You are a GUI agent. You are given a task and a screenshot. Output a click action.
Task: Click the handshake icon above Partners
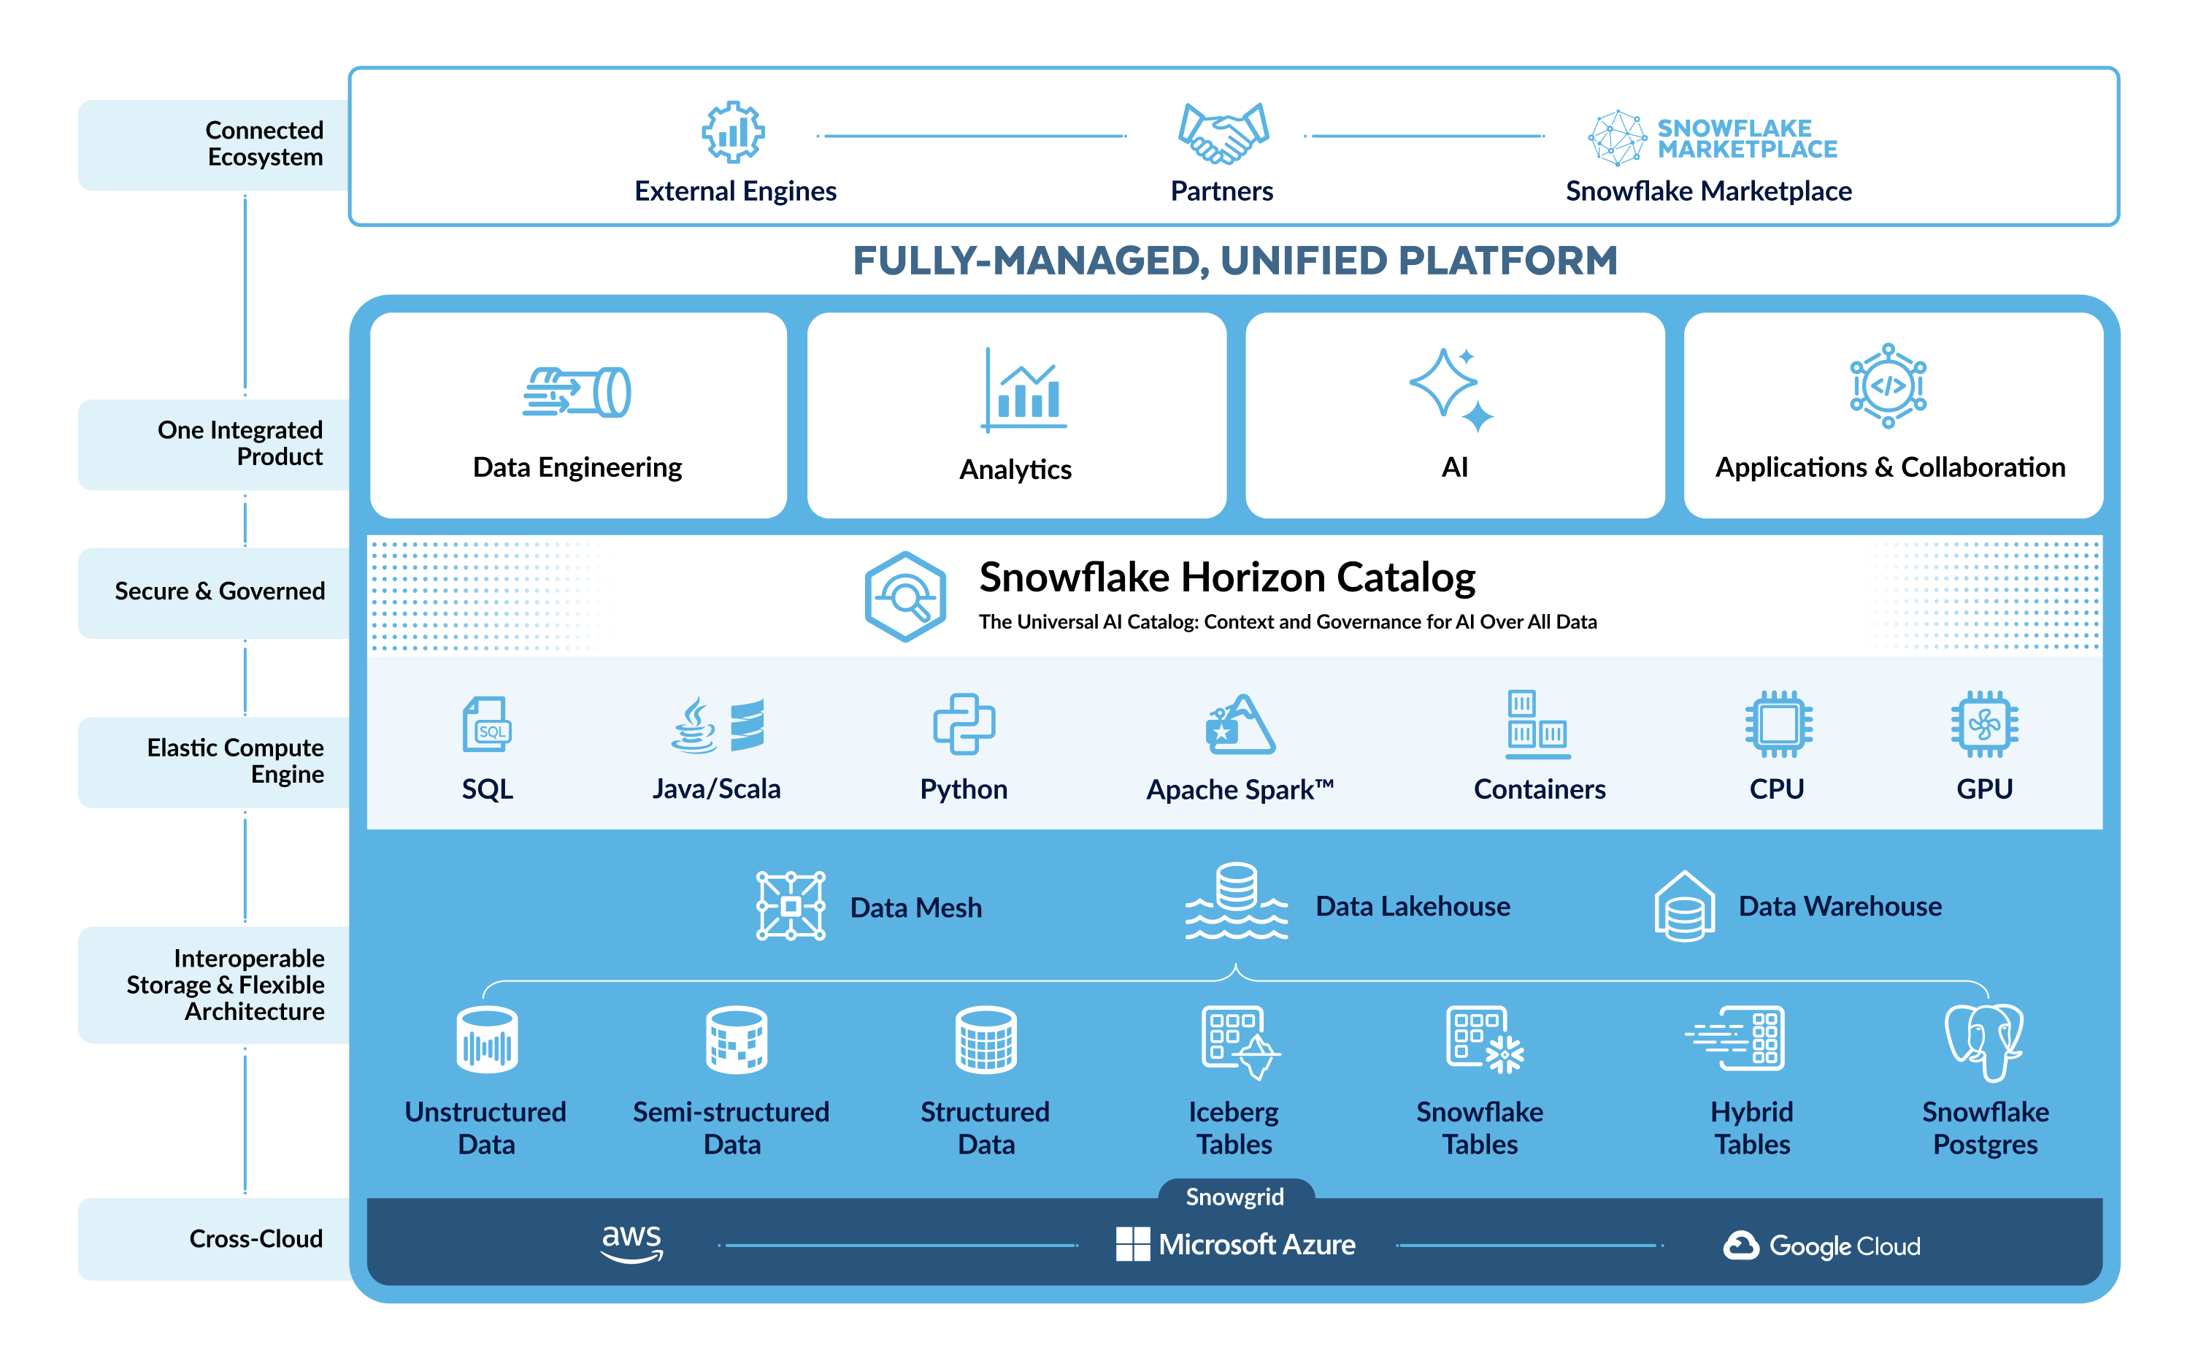point(1222,134)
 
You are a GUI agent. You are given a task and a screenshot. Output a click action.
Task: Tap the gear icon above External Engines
point(733,132)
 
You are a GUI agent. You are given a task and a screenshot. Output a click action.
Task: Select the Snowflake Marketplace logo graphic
point(1711,137)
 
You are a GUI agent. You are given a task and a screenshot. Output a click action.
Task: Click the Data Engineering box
point(578,415)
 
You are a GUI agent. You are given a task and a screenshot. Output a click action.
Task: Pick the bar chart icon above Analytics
point(1023,391)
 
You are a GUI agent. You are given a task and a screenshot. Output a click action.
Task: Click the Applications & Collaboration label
point(1890,467)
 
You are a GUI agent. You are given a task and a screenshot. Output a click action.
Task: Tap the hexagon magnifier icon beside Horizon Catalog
point(905,596)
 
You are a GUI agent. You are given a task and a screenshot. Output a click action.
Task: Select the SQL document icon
point(487,724)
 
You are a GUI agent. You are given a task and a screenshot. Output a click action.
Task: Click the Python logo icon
point(964,724)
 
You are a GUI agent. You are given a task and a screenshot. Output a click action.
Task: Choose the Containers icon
point(1537,724)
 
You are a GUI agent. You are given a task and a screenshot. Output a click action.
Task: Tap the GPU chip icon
point(1984,724)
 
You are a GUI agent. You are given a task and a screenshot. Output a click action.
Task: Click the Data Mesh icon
point(790,906)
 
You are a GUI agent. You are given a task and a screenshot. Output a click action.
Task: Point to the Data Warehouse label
point(1840,906)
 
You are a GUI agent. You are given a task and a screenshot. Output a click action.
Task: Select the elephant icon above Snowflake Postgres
point(1984,1042)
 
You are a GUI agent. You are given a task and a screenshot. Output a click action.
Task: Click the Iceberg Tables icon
point(1239,1042)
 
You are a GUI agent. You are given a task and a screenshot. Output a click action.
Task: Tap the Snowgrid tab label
point(1234,1197)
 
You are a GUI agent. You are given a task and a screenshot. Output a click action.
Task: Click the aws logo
point(632,1243)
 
